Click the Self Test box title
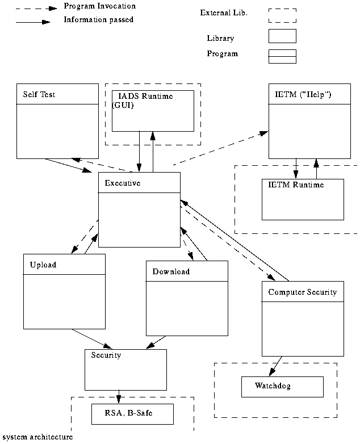tap(39, 94)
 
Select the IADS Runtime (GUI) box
tap(153, 111)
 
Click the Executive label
tap(123, 183)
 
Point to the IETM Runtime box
tap(303, 199)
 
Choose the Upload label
tap(43, 265)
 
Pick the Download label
tap(171, 271)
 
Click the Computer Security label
tap(302, 292)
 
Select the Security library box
tap(125, 369)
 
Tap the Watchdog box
tap(282, 387)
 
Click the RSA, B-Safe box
tap(132, 414)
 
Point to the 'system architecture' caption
tap(37, 437)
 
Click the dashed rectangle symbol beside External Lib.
tap(282, 15)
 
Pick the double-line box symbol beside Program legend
tap(282, 56)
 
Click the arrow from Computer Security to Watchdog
tap(275, 366)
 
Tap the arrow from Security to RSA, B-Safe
tap(118, 396)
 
